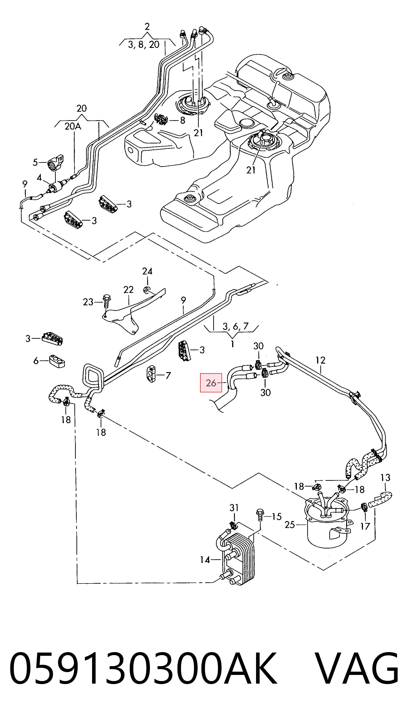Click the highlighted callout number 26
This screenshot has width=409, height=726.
(x=211, y=383)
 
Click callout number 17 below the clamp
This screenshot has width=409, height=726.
(x=365, y=526)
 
